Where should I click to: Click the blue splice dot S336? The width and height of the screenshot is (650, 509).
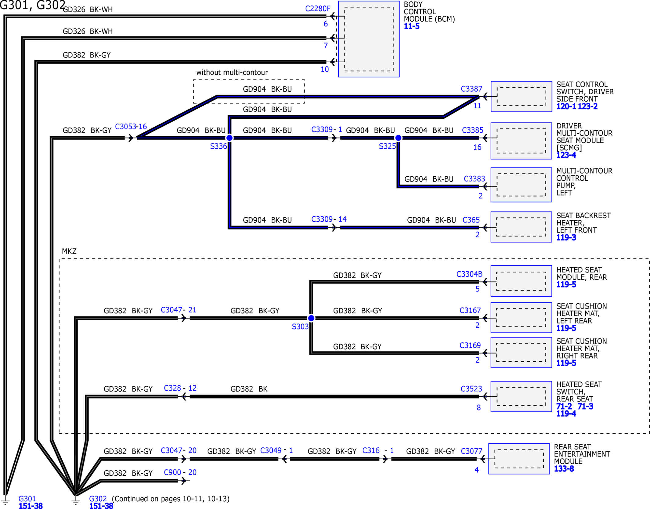point(229,138)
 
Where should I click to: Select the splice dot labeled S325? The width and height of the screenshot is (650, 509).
point(398,138)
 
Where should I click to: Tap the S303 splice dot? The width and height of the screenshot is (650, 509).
point(311,318)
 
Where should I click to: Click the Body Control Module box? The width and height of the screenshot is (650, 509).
point(369,39)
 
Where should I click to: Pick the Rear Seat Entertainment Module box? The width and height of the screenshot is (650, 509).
point(519,459)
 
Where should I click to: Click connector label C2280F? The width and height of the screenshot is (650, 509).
point(318,9)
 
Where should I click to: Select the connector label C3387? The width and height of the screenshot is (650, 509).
point(471,89)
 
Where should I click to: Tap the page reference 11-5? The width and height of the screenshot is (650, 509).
point(412,26)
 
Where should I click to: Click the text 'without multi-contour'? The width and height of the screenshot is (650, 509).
point(232,72)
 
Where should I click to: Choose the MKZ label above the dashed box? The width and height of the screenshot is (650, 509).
point(69,251)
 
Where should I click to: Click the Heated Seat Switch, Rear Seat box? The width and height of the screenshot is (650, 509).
point(521,396)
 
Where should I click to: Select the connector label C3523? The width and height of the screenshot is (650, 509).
point(471,389)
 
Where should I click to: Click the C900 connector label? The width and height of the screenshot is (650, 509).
point(172,472)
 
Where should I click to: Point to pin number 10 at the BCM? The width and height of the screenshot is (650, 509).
point(325,69)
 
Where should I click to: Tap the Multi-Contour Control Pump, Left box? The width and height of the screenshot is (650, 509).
point(521,185)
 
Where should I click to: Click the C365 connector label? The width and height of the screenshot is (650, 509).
point(471,220)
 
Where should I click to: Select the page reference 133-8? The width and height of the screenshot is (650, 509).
point(564,469)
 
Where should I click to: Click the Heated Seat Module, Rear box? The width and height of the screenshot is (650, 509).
point(521,281)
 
